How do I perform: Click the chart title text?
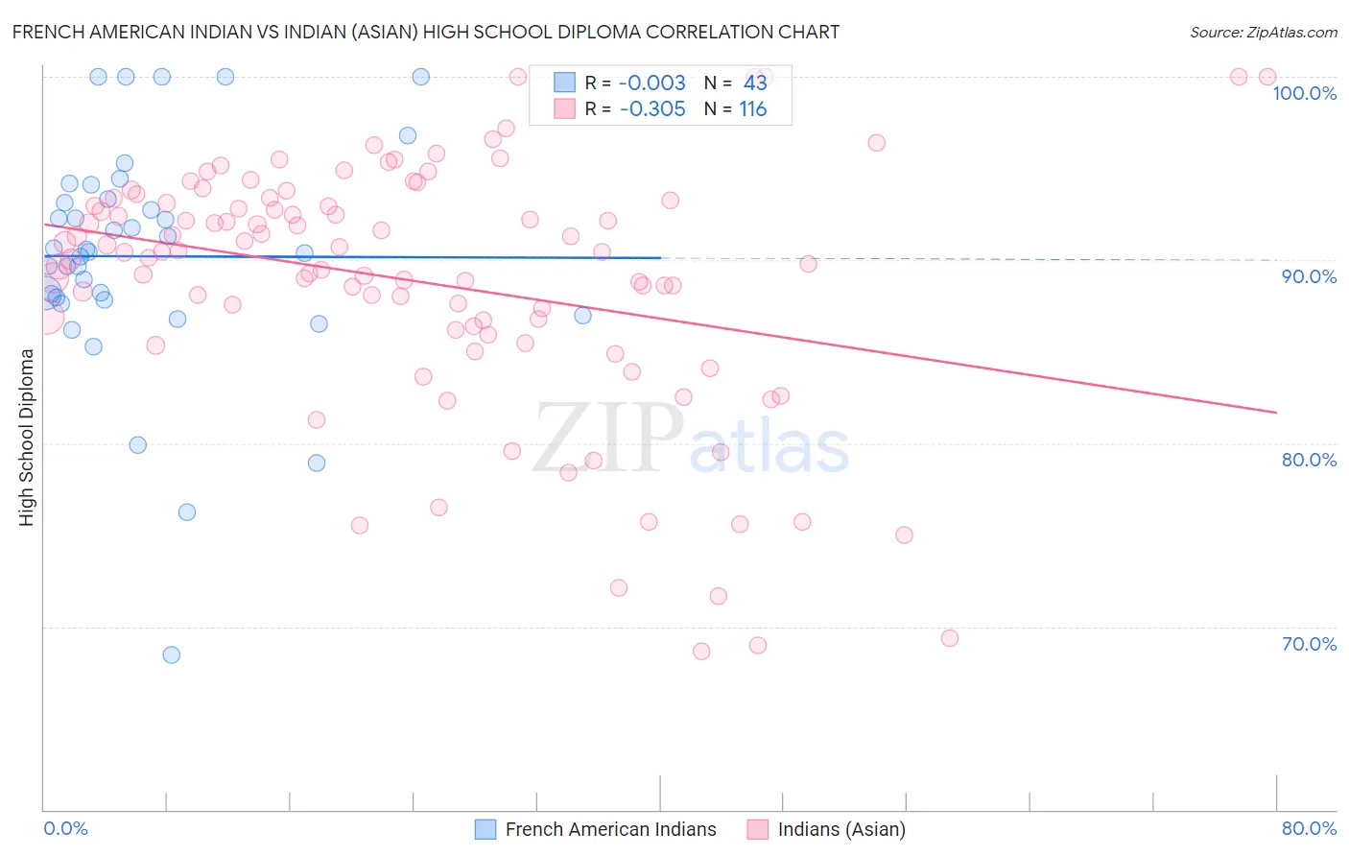(x=425, y=33)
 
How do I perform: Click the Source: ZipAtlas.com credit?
(x=1263, y=33)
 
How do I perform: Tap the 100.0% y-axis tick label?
(x=1304, y=93)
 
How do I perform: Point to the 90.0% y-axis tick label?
(x=1309, y=276)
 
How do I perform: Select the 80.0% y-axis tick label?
(x=1309, y=460)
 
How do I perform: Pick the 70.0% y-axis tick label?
(x=1309, y=644)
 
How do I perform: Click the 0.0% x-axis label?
(x=65, y=828)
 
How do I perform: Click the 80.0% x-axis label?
(x=1309, y=828)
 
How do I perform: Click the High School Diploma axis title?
(x=27, y=438)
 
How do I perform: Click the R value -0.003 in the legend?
(x=652, y=83)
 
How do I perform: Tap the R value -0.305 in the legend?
(x=652, y=109)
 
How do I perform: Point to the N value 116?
(x=753, y=109)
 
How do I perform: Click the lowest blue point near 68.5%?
(x=172, y=654)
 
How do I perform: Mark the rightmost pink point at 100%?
(x=1266, y=77)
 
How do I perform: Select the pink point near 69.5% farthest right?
(x=950, y=638)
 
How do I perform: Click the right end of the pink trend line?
(x=1276, y=412)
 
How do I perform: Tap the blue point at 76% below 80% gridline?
(x=187, y=512)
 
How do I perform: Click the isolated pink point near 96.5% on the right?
(x=876, y=143)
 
